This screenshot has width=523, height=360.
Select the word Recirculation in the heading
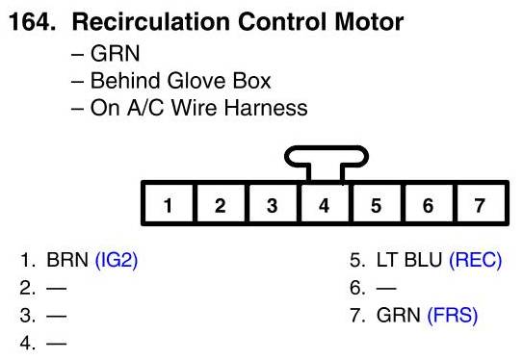click(x=151, y=22)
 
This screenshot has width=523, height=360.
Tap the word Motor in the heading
click(x=369, y=22)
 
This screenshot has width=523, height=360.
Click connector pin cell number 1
click(x=169, y=203)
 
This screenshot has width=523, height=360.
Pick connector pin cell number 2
click(x=221, y=203)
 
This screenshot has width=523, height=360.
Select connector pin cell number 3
click(x=273, y=203)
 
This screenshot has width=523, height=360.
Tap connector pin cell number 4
click(x=325, y=203)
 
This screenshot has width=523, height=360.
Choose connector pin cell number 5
click(x=377, y=203)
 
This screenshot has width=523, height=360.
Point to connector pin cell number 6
click(x=429, y=203)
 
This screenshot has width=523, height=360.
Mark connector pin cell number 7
click(x=481, y=203)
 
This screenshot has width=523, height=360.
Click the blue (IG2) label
click(x=117, y=260)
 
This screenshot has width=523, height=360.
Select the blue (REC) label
click(x=475, y=260)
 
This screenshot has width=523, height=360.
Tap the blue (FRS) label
click(x=453, y=316)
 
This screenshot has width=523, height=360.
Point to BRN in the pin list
click(x=67, y=260)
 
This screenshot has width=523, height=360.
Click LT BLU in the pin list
click(x=409, y=260)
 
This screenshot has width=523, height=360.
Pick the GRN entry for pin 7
click(x=398, y=316)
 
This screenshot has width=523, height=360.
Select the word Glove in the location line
click(x=197, y=81)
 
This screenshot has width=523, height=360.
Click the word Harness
click(x=266, y=108)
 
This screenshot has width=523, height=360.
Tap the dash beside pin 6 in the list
click(x=386, y=288)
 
